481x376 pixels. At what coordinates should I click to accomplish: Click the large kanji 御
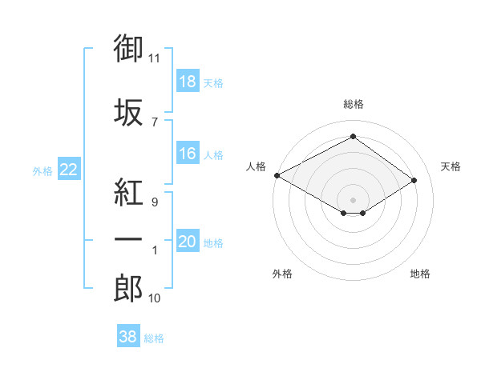(x=128, y=48)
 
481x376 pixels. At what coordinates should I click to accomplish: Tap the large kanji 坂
(x=128, y=112)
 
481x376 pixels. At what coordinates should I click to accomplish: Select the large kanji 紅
(x=128, y=192)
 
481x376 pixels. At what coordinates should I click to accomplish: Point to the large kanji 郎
(x=128, y=288)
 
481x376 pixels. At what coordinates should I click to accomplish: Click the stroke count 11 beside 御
(x=154, y=58)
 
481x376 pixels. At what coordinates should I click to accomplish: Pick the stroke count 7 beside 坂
(x=155, y=122)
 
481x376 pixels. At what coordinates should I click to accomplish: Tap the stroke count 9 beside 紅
(x=155, y=202)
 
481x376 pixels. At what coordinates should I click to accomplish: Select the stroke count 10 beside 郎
(x=154, y=298)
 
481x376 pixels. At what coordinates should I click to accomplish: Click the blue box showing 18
(x=188, y=81)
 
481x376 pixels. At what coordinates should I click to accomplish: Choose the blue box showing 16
(x=188, y=153)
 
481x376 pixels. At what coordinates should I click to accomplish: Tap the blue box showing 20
(x=188, y=240)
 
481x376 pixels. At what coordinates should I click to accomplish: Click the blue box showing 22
(x=69, y=169)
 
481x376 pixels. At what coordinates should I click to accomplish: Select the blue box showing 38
(x=128, y=335)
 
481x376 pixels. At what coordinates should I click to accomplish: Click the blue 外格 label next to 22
(x=42, y=171)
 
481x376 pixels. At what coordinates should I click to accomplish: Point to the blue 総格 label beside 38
(x=154, y=338)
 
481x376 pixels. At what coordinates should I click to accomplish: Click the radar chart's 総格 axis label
(x=354, y=104)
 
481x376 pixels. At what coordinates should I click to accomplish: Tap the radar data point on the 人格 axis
(x=277, y=175)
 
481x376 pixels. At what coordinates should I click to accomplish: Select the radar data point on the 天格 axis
(x=414, y=180)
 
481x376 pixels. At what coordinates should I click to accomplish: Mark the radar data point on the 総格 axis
(x=353, y=136)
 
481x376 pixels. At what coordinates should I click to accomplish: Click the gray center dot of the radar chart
(x=353, y=200)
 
